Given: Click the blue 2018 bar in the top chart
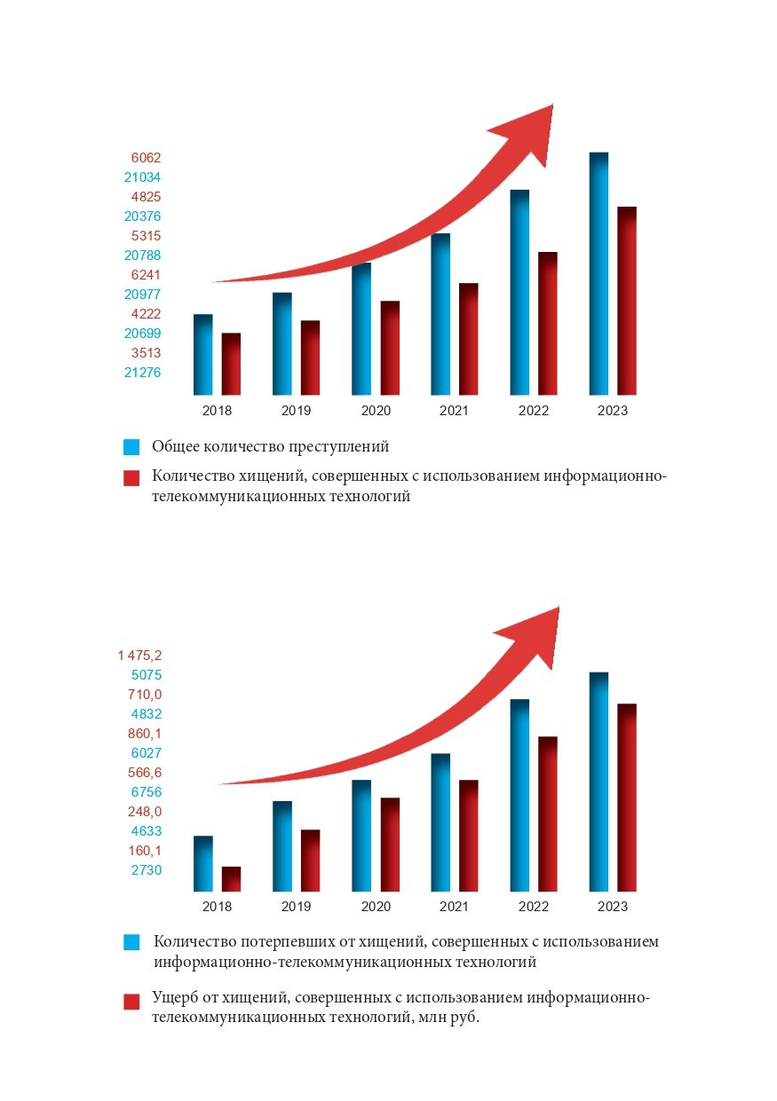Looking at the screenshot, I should click(202, 355).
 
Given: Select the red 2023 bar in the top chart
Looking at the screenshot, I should click(627, 301).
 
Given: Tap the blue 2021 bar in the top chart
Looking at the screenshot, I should click(440, 314).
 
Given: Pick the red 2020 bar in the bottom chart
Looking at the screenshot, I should click(390, 845).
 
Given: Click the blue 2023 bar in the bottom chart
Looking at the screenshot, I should click(599, 782).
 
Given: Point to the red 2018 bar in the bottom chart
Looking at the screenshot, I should click(231, 879).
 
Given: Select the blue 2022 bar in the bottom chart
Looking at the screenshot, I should click(519, 795).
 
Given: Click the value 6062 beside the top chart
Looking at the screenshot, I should click(146, 158).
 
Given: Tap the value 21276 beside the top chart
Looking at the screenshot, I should click(142, 373).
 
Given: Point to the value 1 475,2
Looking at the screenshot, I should click(139, 656).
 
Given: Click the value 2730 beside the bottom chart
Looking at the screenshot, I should click(146, 870).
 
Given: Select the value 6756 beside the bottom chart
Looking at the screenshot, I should click(146, 792).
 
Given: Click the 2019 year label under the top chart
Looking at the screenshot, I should click(296, 411).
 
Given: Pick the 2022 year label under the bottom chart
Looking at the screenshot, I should click(534, 907).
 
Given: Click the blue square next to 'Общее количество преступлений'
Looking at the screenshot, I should click(131, 446).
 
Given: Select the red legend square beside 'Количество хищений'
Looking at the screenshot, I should click(131, 478).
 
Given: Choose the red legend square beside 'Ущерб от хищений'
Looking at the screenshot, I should click(131, 1002).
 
